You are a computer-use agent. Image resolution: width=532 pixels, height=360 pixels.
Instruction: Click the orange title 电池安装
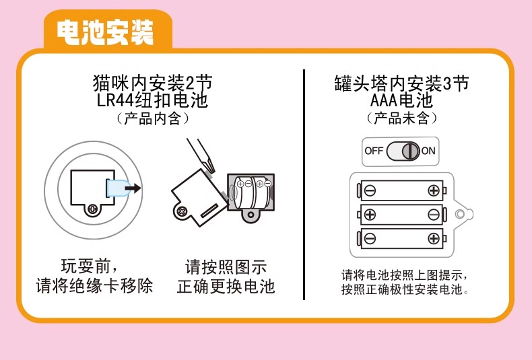tap(105, 32)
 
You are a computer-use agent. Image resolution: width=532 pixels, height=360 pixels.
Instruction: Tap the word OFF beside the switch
tap(374, 151)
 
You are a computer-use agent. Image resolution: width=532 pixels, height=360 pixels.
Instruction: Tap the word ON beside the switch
tap(428, 151)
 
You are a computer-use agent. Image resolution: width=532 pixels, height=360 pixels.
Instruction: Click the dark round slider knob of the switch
tap(411, 151)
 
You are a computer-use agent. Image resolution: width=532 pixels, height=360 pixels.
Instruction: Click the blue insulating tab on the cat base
tap(118, 188)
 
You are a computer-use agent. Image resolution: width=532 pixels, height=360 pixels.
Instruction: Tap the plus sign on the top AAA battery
tap(434, 190)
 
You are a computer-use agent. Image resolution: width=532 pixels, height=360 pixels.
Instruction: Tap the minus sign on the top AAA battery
tap(370, 190)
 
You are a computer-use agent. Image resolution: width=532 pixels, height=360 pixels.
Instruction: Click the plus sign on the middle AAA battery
tap(370, 215)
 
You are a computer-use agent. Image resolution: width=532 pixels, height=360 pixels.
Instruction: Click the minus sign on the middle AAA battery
tap(434, 215)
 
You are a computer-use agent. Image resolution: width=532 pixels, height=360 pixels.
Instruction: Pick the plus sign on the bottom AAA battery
tap(434, 238)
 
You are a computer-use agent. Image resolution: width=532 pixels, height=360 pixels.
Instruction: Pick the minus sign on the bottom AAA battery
tap(370, 238)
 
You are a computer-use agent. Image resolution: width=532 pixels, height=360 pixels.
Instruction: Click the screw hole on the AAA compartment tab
tap(460, 214)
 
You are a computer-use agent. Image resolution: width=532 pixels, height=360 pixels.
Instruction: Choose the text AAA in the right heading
tap(384, 101)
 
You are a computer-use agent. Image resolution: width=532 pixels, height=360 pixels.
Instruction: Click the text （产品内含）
tap(153, 118)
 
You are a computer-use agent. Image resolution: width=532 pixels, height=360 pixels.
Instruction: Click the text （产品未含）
tap(402, 118)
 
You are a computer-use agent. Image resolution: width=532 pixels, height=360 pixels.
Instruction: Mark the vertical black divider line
tap(304, 185)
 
